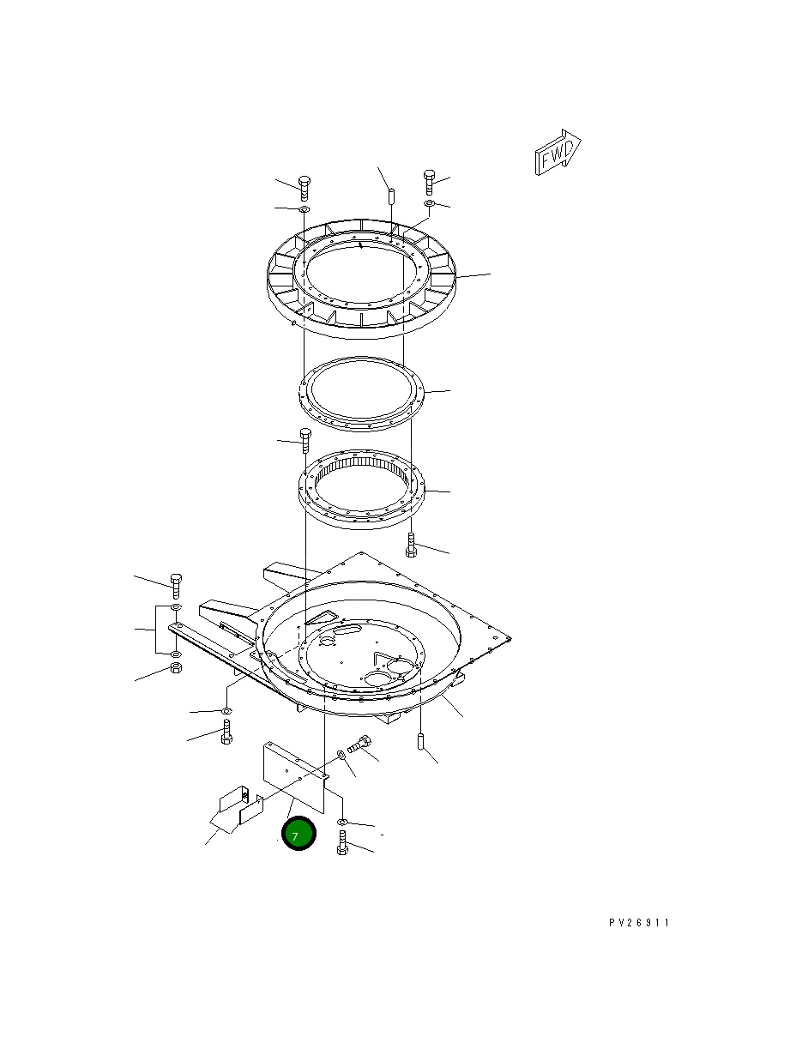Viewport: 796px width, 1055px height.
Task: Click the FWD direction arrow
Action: (x=558, y=152)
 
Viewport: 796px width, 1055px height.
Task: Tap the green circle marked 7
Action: (x=298, y=833)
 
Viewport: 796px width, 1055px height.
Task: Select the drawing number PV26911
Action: (x=639, y=922)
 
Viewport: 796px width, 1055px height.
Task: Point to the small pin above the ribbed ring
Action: (x=391, y=196)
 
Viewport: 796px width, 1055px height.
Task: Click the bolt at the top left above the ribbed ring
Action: (x=305, y=189)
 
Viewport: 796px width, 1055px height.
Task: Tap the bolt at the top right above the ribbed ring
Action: (x=429, y=182)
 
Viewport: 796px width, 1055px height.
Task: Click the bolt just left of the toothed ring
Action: (x=305, y=441)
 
